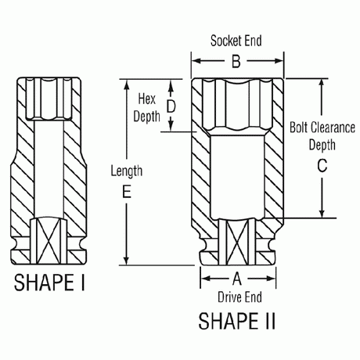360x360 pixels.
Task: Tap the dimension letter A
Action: coord(235,278)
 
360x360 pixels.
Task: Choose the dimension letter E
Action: coord(124,191)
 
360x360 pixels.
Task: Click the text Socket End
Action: coord(236,41)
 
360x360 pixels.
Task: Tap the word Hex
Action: coord(147,99)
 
